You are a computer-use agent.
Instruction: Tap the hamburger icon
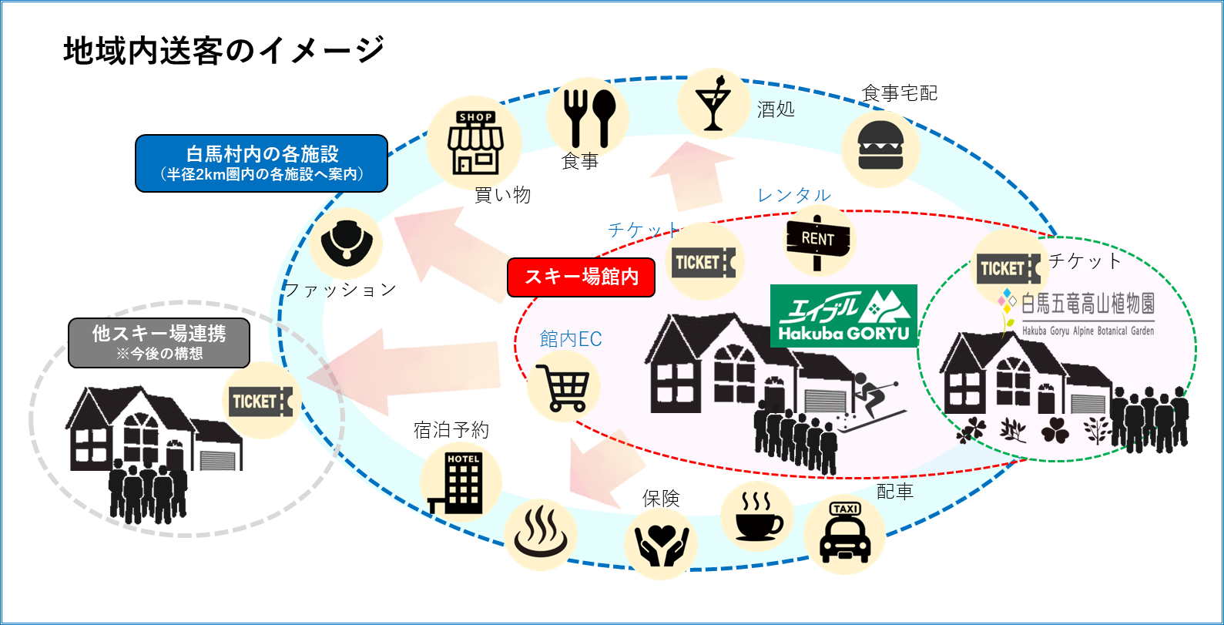coord(879,146)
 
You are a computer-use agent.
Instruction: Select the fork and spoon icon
coord(588,116)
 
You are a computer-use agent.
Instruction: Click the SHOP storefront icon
coord(475,143)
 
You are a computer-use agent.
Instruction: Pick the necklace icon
coord(347,242)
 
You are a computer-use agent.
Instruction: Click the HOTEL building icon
coord(461,482)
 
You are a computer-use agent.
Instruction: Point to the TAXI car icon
coord(844,533)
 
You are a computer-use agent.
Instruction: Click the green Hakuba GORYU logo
coord(843,316)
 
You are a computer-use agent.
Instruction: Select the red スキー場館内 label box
coord(582,277)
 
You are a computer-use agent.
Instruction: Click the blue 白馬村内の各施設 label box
coord(262,163)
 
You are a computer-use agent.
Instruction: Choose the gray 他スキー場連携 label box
coord(159,342)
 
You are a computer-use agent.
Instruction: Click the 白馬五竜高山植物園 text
coord(1087,304)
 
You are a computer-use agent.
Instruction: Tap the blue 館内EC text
coord(570,339)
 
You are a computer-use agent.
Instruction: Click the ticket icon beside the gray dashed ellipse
coord(260,402)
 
